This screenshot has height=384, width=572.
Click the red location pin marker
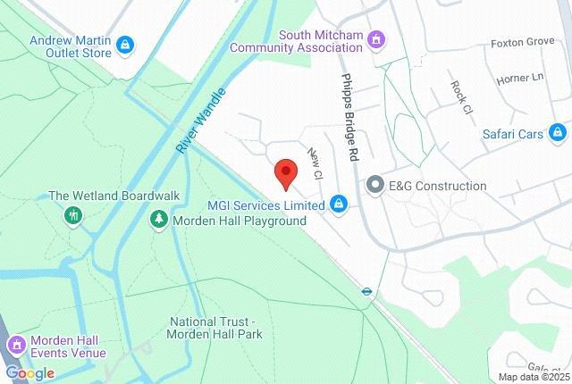[x=285, y=173]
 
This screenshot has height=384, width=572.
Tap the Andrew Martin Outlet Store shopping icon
[x=124, y=43]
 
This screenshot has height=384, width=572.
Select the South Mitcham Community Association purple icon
[x=377, y=39]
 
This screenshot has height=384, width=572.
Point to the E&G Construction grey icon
[x=374, y=186]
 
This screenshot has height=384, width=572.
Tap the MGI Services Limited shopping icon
[x=339, y=205]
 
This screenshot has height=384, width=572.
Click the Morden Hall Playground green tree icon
[x=159, y=220]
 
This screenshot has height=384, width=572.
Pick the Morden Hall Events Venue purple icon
[x=16, y=345]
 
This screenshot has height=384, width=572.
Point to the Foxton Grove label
[x=523, y=42]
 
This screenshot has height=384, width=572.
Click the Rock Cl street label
[x=459, y=97]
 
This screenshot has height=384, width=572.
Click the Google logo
[x=29, y=373]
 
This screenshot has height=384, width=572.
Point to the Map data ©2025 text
[x=534, y=377]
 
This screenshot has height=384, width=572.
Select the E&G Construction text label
[x=438, y=186]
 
